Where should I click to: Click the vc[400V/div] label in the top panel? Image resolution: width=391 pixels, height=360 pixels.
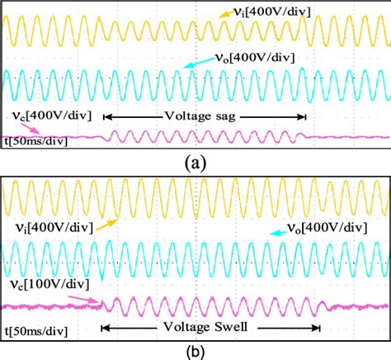click(x=51, y=114)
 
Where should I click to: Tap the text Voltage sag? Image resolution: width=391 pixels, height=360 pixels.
click(x=200, y=116)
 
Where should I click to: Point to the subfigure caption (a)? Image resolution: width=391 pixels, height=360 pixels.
click(x=195, y=163)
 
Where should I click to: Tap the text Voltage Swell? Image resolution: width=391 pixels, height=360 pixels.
click(x=210, y=327)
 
